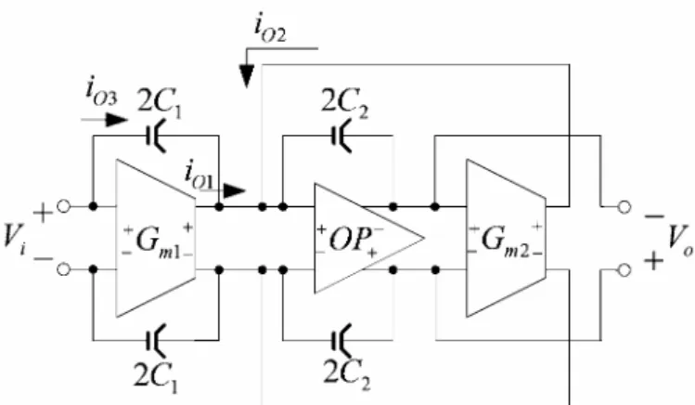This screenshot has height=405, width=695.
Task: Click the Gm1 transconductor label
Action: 159,242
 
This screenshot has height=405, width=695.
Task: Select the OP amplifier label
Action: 350,240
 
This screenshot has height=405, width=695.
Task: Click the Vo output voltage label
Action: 680,240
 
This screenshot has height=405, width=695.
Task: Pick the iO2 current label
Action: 270,30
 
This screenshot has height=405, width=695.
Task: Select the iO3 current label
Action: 101,92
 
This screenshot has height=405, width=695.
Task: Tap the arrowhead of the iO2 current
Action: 247,76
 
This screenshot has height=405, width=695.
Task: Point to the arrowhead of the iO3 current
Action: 117,119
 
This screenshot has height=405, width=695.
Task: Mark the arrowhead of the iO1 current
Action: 235,191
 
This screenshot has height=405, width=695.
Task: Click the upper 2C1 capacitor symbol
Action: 156,136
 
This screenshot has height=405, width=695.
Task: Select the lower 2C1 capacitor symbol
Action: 156,340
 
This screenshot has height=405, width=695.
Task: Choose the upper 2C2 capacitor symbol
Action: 341,136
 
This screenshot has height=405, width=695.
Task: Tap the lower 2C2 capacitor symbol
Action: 341,340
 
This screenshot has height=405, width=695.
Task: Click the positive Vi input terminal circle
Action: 64,206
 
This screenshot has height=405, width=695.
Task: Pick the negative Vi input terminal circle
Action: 64,269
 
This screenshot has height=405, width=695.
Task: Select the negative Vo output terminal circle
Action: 624,207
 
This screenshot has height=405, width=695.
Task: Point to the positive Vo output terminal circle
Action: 624,269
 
